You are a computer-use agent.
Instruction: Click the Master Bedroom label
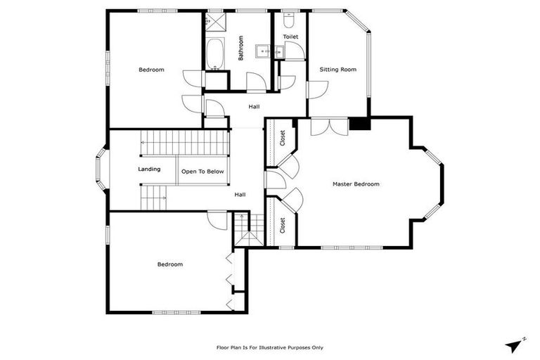click(x=356, y=184)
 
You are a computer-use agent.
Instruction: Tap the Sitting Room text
click(x=337, y=70)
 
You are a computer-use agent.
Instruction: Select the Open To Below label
click(x=202, y=172)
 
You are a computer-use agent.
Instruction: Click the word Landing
click(x=149, y=169)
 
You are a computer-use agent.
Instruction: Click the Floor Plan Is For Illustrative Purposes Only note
click(x=269, y=347)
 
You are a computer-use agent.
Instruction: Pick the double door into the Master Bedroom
click(x=328, y=127)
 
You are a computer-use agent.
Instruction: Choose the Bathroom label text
click(x=240, y=49)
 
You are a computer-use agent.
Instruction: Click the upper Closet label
click(x=283, y=137)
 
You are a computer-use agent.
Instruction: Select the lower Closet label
click(x=283, y=225)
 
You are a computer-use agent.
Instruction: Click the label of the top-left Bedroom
click(x=151, y=70)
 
